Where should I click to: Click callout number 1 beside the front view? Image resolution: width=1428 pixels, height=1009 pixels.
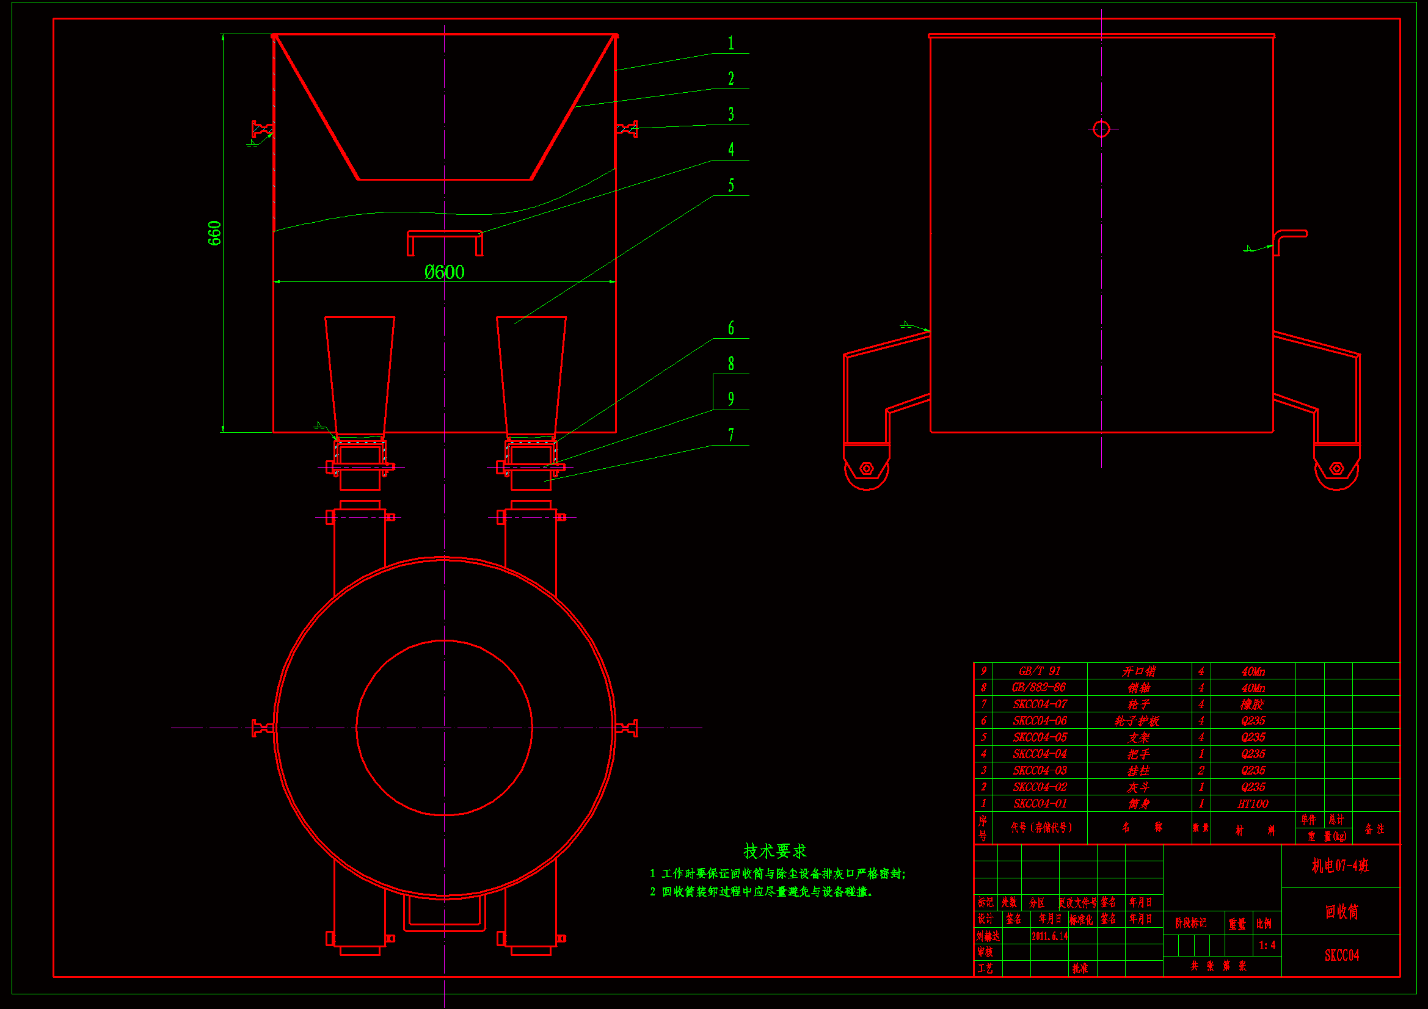(730, 43)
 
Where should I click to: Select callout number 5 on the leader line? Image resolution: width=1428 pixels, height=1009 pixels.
(730, 186)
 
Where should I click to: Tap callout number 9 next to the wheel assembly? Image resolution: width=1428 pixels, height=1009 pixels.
(730, 399)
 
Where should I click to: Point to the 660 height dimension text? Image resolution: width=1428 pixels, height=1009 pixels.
(214, 233)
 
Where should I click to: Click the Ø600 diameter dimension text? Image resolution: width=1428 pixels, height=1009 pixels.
(444, 272)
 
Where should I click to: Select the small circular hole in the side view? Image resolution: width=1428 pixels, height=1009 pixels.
(1101, 129)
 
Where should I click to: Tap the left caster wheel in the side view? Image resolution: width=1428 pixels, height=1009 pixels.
(866, 468)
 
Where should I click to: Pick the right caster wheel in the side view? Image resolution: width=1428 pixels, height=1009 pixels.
(1336, 468)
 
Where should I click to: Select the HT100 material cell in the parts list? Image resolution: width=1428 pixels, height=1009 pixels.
(1253, 804)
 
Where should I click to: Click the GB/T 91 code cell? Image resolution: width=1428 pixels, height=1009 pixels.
(1040, 671)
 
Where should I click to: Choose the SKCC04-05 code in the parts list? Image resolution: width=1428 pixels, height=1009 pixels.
(1040, 737)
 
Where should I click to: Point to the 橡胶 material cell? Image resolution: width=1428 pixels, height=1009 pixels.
(1253, 704)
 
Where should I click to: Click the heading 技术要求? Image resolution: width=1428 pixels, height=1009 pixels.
(775, 851)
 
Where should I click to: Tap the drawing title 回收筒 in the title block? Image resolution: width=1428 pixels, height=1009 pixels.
(1341, 912)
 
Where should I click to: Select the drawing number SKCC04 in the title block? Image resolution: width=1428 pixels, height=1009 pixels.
(1341, 955)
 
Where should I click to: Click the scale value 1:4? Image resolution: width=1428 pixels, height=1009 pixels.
(1267, 946)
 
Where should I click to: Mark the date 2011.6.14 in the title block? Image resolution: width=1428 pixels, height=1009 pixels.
(1049, 936)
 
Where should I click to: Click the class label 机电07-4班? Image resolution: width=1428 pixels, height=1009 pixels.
(1340, 866)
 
